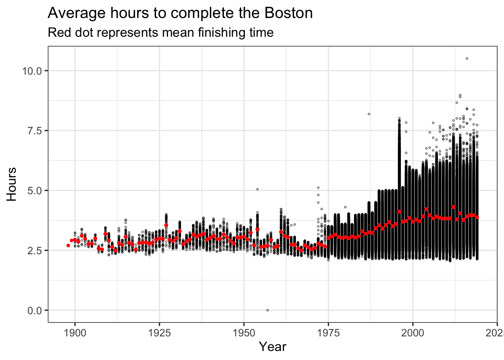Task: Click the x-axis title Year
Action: [273, 347]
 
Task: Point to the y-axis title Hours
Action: [12, 184]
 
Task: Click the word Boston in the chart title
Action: [288, 13]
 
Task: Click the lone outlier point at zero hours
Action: [267, 310]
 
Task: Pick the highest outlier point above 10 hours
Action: [467, 58]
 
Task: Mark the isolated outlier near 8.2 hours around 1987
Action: [369, 114]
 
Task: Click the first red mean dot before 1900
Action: [68, 245]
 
